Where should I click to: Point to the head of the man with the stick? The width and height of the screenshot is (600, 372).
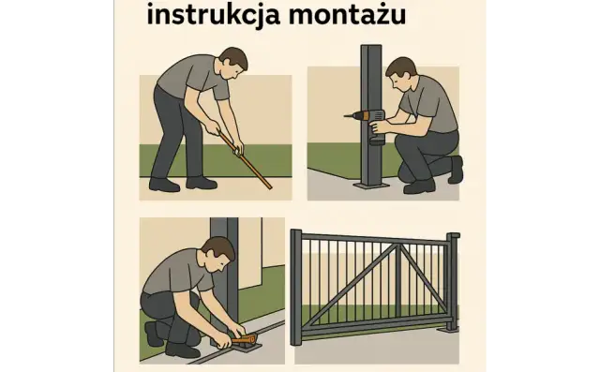[233, 66]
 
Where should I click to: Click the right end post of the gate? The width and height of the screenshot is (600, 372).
[453, 281]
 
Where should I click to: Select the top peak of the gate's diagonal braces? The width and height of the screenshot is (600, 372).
[397, 244]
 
